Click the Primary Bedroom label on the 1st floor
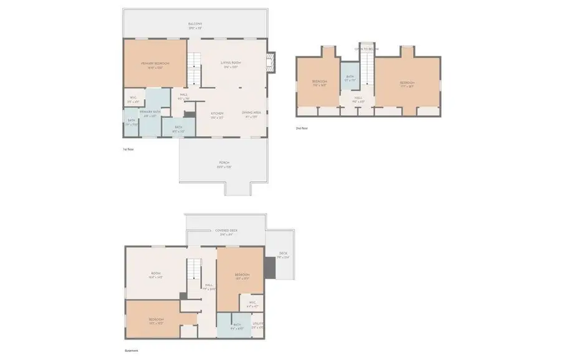point(155,64)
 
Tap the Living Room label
point(231,64)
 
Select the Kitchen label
point(217,113)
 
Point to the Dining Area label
point(251,113)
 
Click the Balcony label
point(195,24)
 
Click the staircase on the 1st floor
point(196,69)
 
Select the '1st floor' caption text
point(128,149)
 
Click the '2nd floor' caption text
point(302,128)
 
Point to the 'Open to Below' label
point(367,49)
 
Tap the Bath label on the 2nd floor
point(350,78)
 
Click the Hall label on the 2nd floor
point(358,98)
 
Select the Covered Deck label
point(226,230)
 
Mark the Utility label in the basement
point(257,323)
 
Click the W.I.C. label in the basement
point(252,303)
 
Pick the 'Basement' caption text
point(131,351)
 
